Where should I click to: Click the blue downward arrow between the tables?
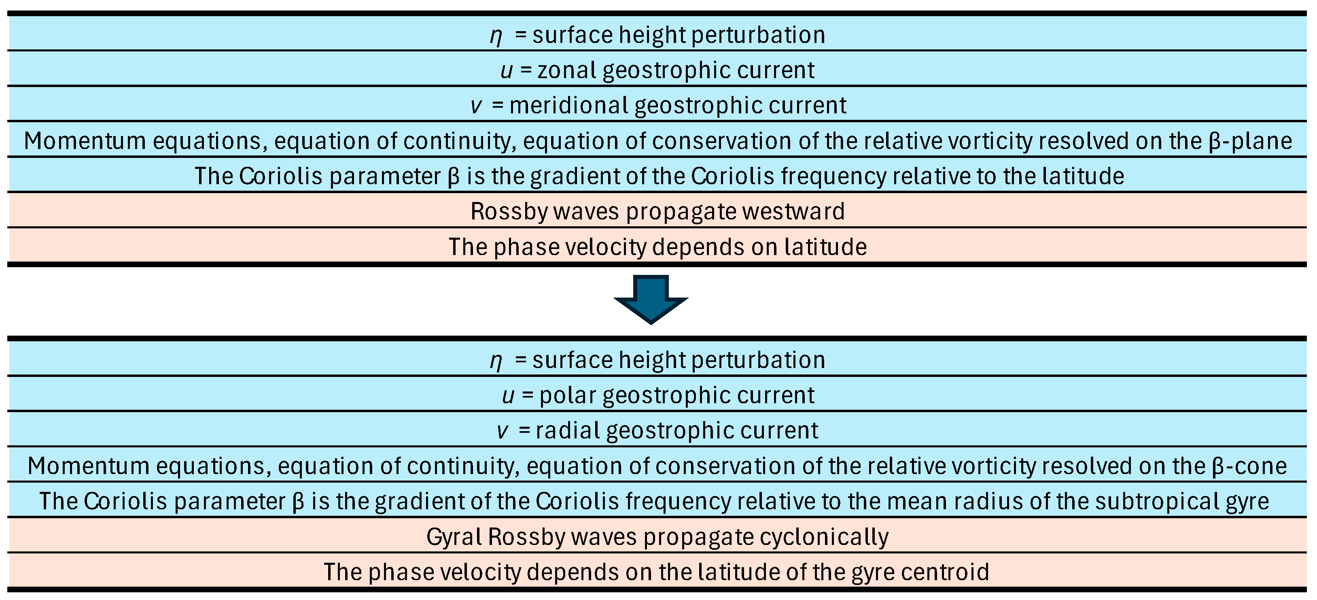(651, 300)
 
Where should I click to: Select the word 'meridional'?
(569, 105)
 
